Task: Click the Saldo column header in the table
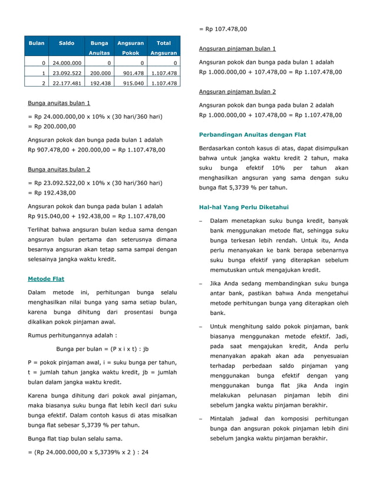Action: [x=67, y=44]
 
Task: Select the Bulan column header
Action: [x=37, y=44]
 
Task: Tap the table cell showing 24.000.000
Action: [x=67, y=62]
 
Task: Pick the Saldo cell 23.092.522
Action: [x=67, y=73]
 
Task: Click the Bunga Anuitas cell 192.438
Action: [x=100, y=84]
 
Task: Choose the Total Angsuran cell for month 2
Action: [x=164, y=84]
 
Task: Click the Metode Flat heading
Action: [x=46, y=279]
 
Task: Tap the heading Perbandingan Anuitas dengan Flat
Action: [x=252, y=135]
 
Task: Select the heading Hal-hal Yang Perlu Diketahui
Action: [x=243, y=207]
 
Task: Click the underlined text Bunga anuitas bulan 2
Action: [x=59, y=170]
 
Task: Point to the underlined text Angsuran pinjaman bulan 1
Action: [x=237, y=48]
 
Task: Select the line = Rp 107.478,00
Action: [x=223, y=28]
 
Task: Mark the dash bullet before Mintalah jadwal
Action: [x=201, y=419]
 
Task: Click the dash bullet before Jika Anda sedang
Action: [x=201, y=284]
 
